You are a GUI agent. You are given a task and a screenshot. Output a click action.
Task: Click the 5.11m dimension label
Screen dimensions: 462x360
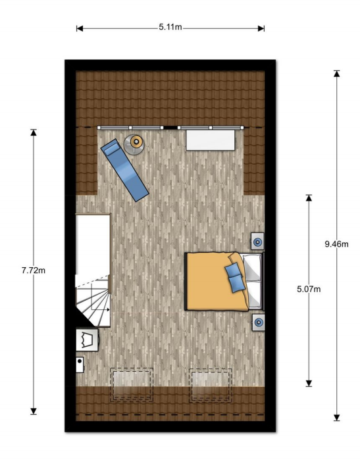(170, 27)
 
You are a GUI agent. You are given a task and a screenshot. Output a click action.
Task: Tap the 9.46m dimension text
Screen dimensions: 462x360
(336, 244)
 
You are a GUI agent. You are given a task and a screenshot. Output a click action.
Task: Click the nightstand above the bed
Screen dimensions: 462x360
(257, 241)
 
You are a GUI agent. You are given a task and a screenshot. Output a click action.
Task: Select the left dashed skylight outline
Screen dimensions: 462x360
(131, 385)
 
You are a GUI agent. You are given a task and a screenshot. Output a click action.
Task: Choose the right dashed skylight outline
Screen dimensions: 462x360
(211, 385)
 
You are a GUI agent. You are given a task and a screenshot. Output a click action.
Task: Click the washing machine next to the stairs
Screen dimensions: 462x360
(87, 340)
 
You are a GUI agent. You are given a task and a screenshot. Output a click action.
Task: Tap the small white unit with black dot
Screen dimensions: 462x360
(80, 364)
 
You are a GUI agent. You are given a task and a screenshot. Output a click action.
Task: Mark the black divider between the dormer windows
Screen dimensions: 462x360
(170, 128)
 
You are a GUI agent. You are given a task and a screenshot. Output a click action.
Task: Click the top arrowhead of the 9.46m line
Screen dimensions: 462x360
(336, 73)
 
